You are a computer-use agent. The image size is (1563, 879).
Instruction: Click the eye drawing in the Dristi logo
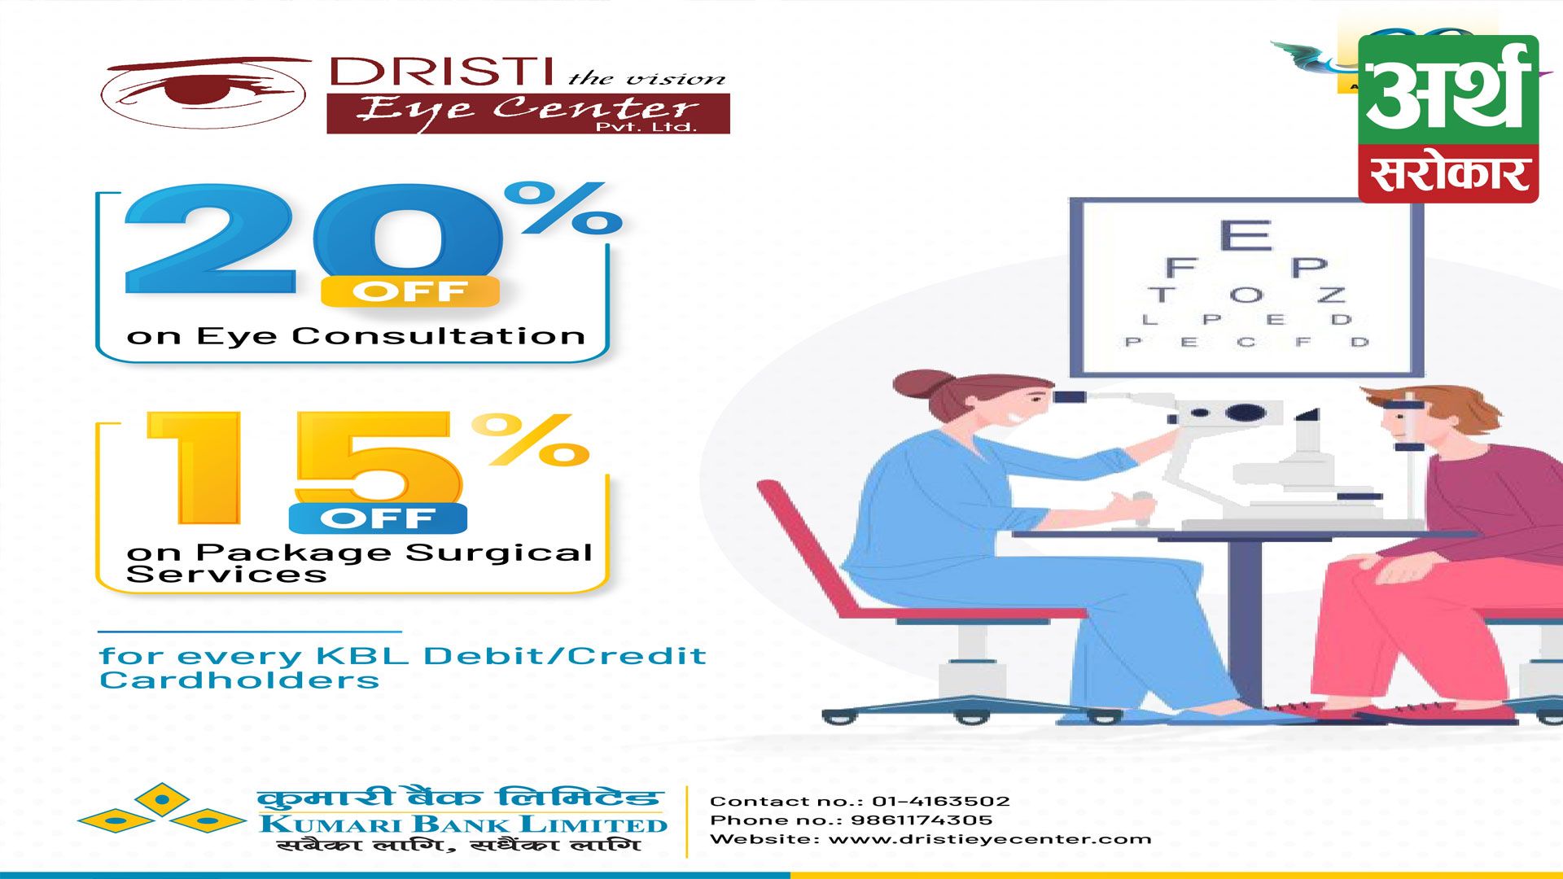pyautogui.click(x=204, y=92)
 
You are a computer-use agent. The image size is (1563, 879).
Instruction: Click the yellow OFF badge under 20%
pyautogui.click(x=409, y=291)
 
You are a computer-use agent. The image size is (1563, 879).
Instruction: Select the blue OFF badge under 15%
pyautogui.click(x=378, y=518)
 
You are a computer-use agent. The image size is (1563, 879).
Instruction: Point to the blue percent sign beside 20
pyautogui.click(x=563, y=208)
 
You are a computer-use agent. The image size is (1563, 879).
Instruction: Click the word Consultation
pyautogui.click(x=439, y=336)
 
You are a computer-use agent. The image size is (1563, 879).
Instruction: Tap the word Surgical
pyautogui.click(x=499, y=553)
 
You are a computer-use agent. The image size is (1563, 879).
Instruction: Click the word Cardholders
pyautogui.click(x=239, y=680)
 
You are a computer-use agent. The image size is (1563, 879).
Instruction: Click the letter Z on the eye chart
pyautogui.click(x=1332, y=294)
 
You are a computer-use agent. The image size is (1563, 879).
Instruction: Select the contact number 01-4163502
pyautogui.click(x=941, y=802)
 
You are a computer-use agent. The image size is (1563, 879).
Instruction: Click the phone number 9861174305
pyautogui.click(x=922, y=820)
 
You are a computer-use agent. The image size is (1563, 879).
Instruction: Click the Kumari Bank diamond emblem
pyautogui.click(x=162, y=811)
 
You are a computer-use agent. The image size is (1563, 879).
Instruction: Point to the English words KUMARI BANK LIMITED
pyautogui.click(x=463, y=824)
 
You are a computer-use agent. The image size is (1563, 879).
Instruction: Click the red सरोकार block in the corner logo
pyautogui.click(x=1448, y=174)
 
